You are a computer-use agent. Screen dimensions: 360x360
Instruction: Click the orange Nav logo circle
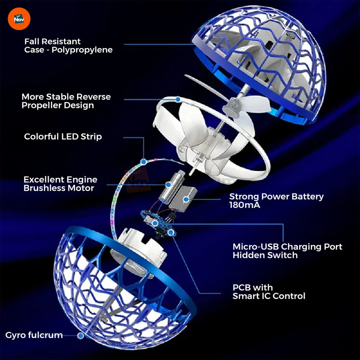[19, 19]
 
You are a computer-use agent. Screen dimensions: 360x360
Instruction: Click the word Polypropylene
[82, 50]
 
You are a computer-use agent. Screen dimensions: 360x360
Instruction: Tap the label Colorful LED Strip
[63, 137]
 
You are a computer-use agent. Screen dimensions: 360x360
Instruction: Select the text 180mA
[244, 205]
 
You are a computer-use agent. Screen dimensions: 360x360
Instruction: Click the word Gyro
[15, 335]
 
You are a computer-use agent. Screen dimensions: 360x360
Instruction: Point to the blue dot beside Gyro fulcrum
[81, 336]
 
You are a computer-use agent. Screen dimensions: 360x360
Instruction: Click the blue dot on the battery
[186, 199]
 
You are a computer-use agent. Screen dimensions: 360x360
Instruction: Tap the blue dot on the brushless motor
[168, 184]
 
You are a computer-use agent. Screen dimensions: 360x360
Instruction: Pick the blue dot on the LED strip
[144, 162]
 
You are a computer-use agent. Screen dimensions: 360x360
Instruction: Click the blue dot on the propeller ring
[178, 99]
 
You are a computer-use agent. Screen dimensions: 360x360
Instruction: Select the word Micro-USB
[256, 247]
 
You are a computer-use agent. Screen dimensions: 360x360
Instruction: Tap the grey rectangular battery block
[183, 199]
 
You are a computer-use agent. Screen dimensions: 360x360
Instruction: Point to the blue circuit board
[158, 224]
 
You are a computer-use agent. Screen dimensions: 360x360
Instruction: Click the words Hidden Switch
[265, 255]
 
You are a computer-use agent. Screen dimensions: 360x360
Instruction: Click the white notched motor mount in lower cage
[142, 246]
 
